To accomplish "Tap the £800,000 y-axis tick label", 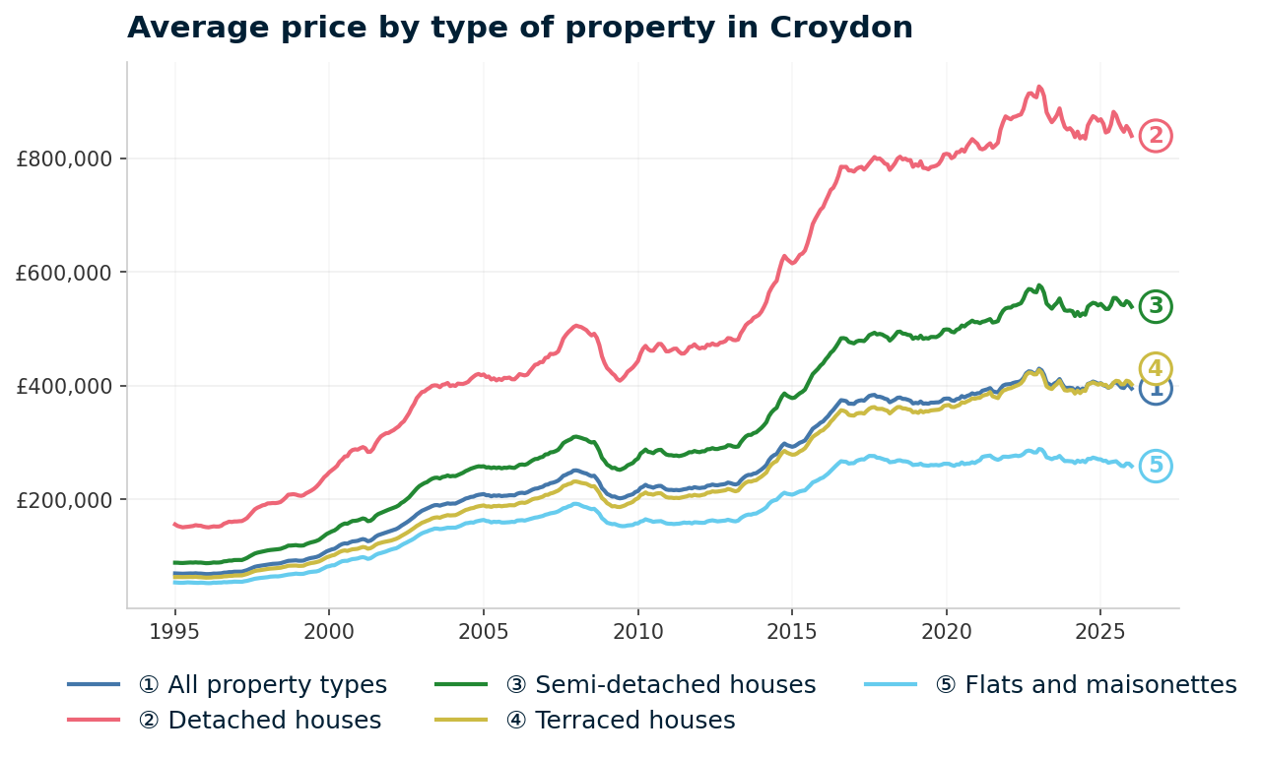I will [64, 158].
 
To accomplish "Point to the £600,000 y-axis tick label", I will [64, 273].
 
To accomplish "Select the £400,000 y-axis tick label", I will [64, 386].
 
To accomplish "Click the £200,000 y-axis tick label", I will [64, 499].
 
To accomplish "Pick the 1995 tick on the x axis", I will [174, 630].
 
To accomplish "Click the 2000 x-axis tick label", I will [329, 630].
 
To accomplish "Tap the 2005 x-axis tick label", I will [483, 630].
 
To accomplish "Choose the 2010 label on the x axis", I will [637, 630].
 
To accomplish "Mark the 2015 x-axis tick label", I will [792, 630].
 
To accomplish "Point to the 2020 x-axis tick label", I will [946, 630].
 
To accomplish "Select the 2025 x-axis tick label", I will [1100, 630].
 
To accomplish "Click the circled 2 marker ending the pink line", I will [1156, 136].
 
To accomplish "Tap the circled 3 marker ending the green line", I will [1156, 306].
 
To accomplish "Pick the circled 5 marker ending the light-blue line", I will [1156, 466].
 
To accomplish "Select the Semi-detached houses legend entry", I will [660, 685].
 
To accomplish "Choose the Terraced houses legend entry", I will [620, 721].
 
